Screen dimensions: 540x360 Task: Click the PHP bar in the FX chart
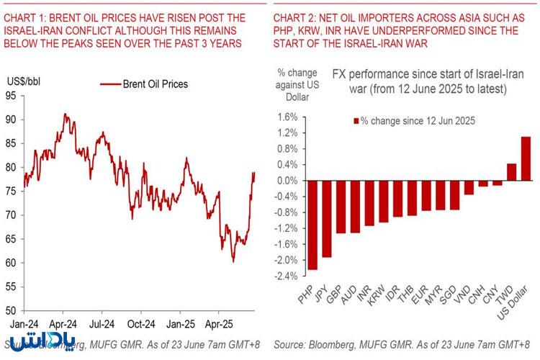[312, 225]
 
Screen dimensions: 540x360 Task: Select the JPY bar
[326, 219]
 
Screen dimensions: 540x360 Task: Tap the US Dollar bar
[526, 158]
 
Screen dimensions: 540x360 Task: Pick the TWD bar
[511, 172]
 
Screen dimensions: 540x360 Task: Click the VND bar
[469, 187]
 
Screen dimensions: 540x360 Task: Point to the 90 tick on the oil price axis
[11, 120]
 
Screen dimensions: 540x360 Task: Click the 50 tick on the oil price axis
[11, 311]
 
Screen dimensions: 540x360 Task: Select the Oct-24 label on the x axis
[141, 324]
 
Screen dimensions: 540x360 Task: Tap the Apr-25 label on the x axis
[219, 324]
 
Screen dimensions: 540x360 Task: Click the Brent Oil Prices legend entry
[144, 84]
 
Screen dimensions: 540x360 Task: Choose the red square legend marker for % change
[356, 121]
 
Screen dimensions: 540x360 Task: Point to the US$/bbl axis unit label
[24, 81]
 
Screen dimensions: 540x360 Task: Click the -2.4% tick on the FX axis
[286, 276]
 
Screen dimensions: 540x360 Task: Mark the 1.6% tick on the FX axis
[287, 117]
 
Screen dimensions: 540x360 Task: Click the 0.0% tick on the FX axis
[287, 181]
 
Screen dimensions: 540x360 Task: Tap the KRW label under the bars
[376, 295]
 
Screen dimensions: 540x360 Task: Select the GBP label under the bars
[333, 294]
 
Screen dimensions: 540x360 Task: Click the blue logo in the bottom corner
[42, 341]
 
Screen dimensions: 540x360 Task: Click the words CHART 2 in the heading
[293, 17]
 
